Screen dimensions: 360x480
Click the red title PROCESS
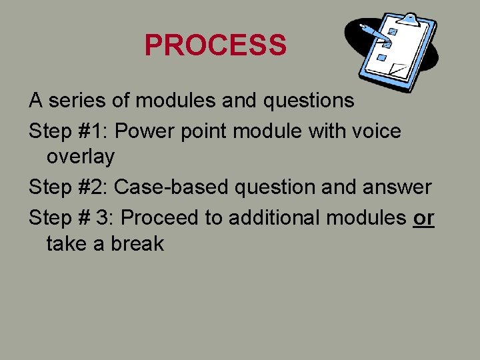[x=215, y=45]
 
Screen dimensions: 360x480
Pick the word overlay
[x=80, y=157]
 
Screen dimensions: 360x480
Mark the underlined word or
[x=423, y=217]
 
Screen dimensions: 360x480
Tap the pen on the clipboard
[x=374, y=33]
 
